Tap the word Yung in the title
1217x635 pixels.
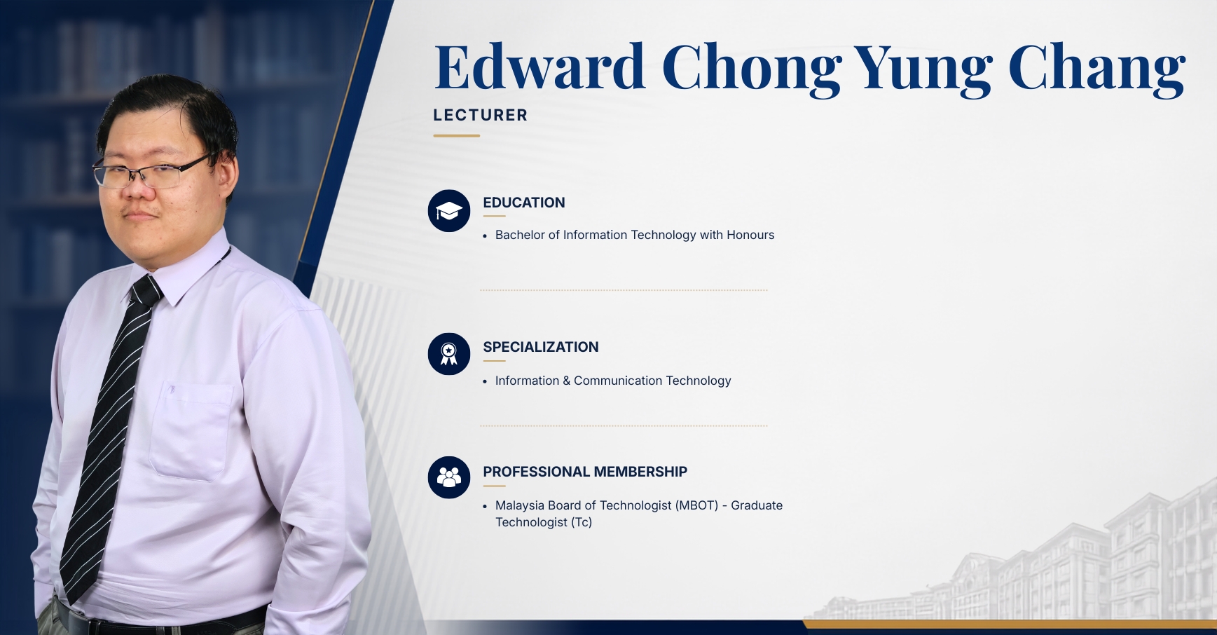click(923, 69)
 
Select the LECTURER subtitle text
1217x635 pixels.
click(480, 115)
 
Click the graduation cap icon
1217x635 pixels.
click(449, 211)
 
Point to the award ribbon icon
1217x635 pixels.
click(449, 354)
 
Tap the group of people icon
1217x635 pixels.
click(449, 477)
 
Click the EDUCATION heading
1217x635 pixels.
click(524, 203)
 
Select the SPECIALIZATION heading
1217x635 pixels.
click(541, 347)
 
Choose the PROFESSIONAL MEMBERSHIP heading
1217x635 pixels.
click(585, 472)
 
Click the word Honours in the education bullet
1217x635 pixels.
click(750, 235)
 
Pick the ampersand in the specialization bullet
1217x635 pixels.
click(567, 381)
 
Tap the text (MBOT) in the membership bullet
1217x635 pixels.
click(697, 505)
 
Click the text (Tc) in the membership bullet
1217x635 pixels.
click(582, 522)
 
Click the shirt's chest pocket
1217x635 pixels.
click(191, 431)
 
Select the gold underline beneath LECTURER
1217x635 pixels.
click(456, 135)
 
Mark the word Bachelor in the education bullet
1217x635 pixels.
click(520, 235)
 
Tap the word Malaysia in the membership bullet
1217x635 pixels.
click(520, 505)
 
